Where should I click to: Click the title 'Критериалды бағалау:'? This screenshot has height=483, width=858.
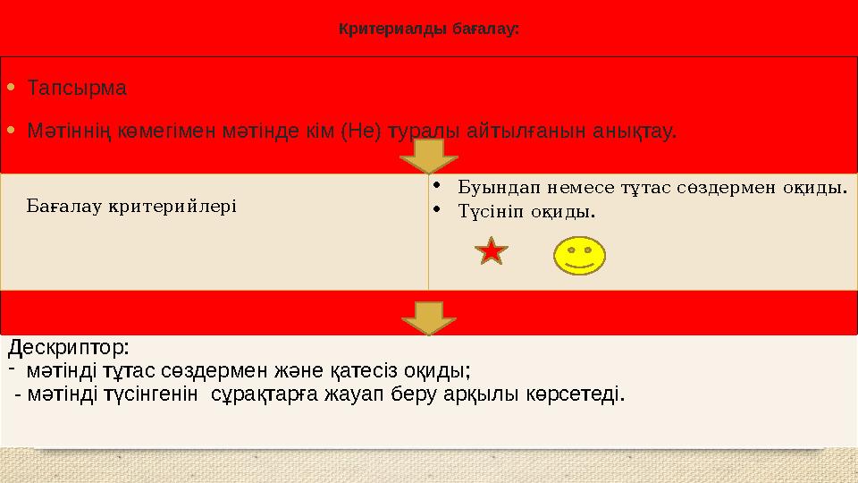click(429, 29)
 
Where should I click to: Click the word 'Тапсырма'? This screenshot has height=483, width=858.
click(77, 89)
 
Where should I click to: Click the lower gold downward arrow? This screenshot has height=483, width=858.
click(428, 316)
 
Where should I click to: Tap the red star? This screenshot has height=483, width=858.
click(492, 252)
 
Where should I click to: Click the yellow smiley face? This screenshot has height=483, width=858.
click(580, 254)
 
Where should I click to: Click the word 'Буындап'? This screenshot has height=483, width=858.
click(490, 188)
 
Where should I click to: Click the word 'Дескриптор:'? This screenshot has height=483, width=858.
click(70, 345)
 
